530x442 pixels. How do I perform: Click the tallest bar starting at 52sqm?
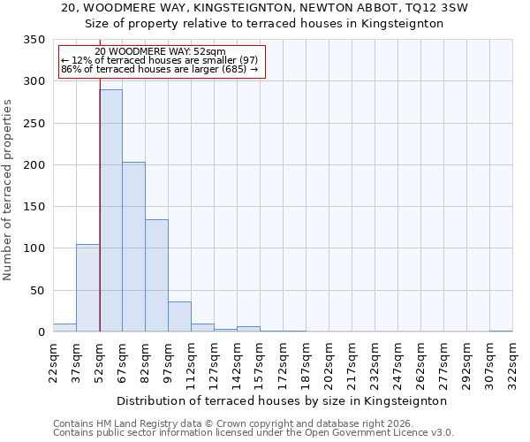click(x=110, y=210)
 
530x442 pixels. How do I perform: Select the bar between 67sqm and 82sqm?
click(x=133, y=247)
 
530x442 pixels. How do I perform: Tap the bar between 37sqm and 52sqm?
click(x=87, y=288)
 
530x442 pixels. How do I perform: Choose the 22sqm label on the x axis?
click(x=53, y=362)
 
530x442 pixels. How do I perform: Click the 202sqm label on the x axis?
click(x=329, y=362)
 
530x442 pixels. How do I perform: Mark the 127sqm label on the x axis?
click(x=214, y=362)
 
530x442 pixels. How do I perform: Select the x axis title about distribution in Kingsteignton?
click(x=283, y=400)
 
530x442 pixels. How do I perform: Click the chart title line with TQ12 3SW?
click(x=265, y=8)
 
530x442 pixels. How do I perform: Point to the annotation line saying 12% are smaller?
click(x=159, y=60)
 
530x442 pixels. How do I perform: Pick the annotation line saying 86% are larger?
click(x=159, y=69)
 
